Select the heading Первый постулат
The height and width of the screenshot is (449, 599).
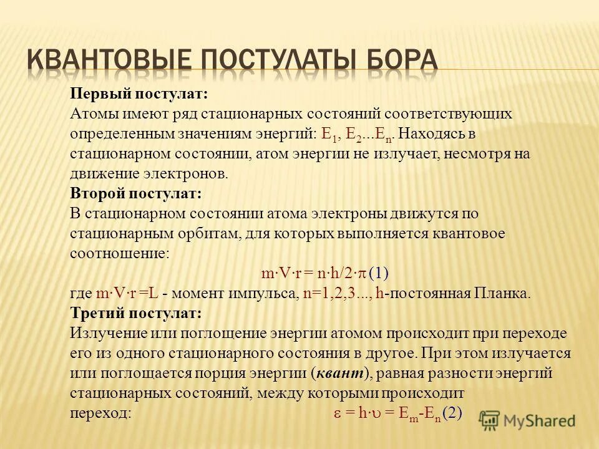click(139, 94)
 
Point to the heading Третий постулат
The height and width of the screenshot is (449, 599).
click(135, 312)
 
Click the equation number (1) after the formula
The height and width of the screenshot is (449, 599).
click(379, 273)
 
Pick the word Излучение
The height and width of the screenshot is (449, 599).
click(104, 332)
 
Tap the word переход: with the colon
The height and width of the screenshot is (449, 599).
click(100, 413)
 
